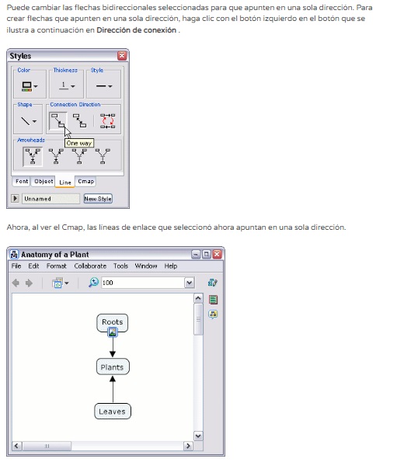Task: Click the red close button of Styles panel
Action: click(x=122, y=56)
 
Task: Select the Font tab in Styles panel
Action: click(x=22, y=181)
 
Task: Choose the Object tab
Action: click(x=44, y=181)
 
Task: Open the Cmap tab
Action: click(x=86, y=181)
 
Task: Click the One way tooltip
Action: click(x=79, y=144)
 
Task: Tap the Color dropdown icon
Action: click(x=30, y=86)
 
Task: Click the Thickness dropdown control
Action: click(x=67, y=86)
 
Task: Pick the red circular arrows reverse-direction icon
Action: click(x=108, y=121)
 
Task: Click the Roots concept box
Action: click(x=112, y=322)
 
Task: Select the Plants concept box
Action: click(x=113, y=367)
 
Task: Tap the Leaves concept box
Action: click(x=113, y=412)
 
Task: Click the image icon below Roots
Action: click(x=113, y=332)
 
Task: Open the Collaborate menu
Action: click(x=90, y=266)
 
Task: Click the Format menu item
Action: click(x=56, y=266)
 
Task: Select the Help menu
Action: click(x=171, y=266)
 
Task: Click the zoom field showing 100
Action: click(x=143, y=283)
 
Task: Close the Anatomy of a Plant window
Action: click(x=217, y=254)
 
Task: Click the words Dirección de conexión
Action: click(x=137, y=30)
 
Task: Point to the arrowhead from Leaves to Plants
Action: click(x=113, y=379)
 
